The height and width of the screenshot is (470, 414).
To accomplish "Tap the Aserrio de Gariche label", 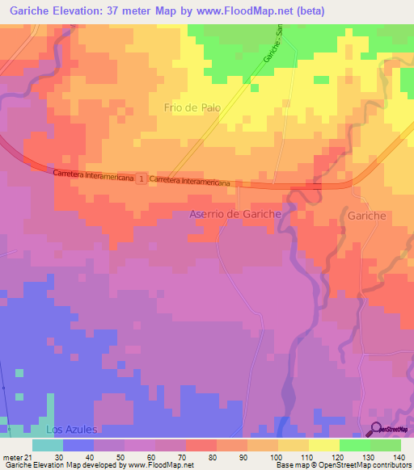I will (x=234, y=214).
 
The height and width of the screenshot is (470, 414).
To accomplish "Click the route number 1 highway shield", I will (x=142, y=177).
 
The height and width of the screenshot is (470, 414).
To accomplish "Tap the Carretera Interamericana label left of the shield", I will (x=94, y=175).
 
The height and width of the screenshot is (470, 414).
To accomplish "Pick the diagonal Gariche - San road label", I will (x=272, y=44).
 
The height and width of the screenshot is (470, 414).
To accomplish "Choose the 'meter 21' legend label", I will (x=16, y=457).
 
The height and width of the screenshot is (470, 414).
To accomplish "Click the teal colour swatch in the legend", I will (x=47, y=445).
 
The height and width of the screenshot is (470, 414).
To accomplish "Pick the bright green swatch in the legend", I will (x=354, y=445).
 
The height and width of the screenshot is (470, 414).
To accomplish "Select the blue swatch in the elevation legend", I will (x=78, y=445).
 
